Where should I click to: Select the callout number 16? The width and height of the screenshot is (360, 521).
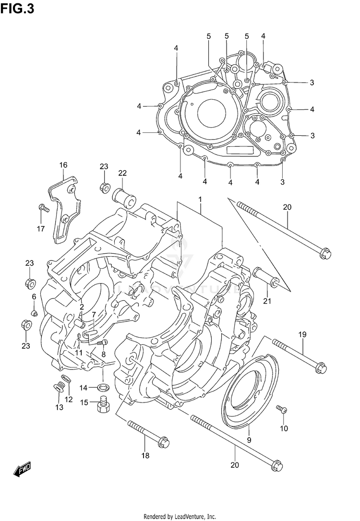pos(63,166)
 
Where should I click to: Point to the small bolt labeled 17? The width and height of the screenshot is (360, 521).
pos(44,209)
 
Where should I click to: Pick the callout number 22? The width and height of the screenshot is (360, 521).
pos(122,173)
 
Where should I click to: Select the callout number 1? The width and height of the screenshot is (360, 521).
pos(200,199)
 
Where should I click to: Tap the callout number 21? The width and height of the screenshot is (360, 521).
pos(267,301)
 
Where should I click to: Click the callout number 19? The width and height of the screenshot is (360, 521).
pos(302,334)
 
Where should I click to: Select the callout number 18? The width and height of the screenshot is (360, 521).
pos(145,455)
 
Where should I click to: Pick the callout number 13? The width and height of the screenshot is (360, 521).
pos(59,407)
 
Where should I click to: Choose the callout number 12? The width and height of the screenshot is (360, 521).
pos(69,400)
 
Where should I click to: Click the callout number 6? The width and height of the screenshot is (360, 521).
pos(34,297)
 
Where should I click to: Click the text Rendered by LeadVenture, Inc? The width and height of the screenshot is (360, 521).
pos(180,516)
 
